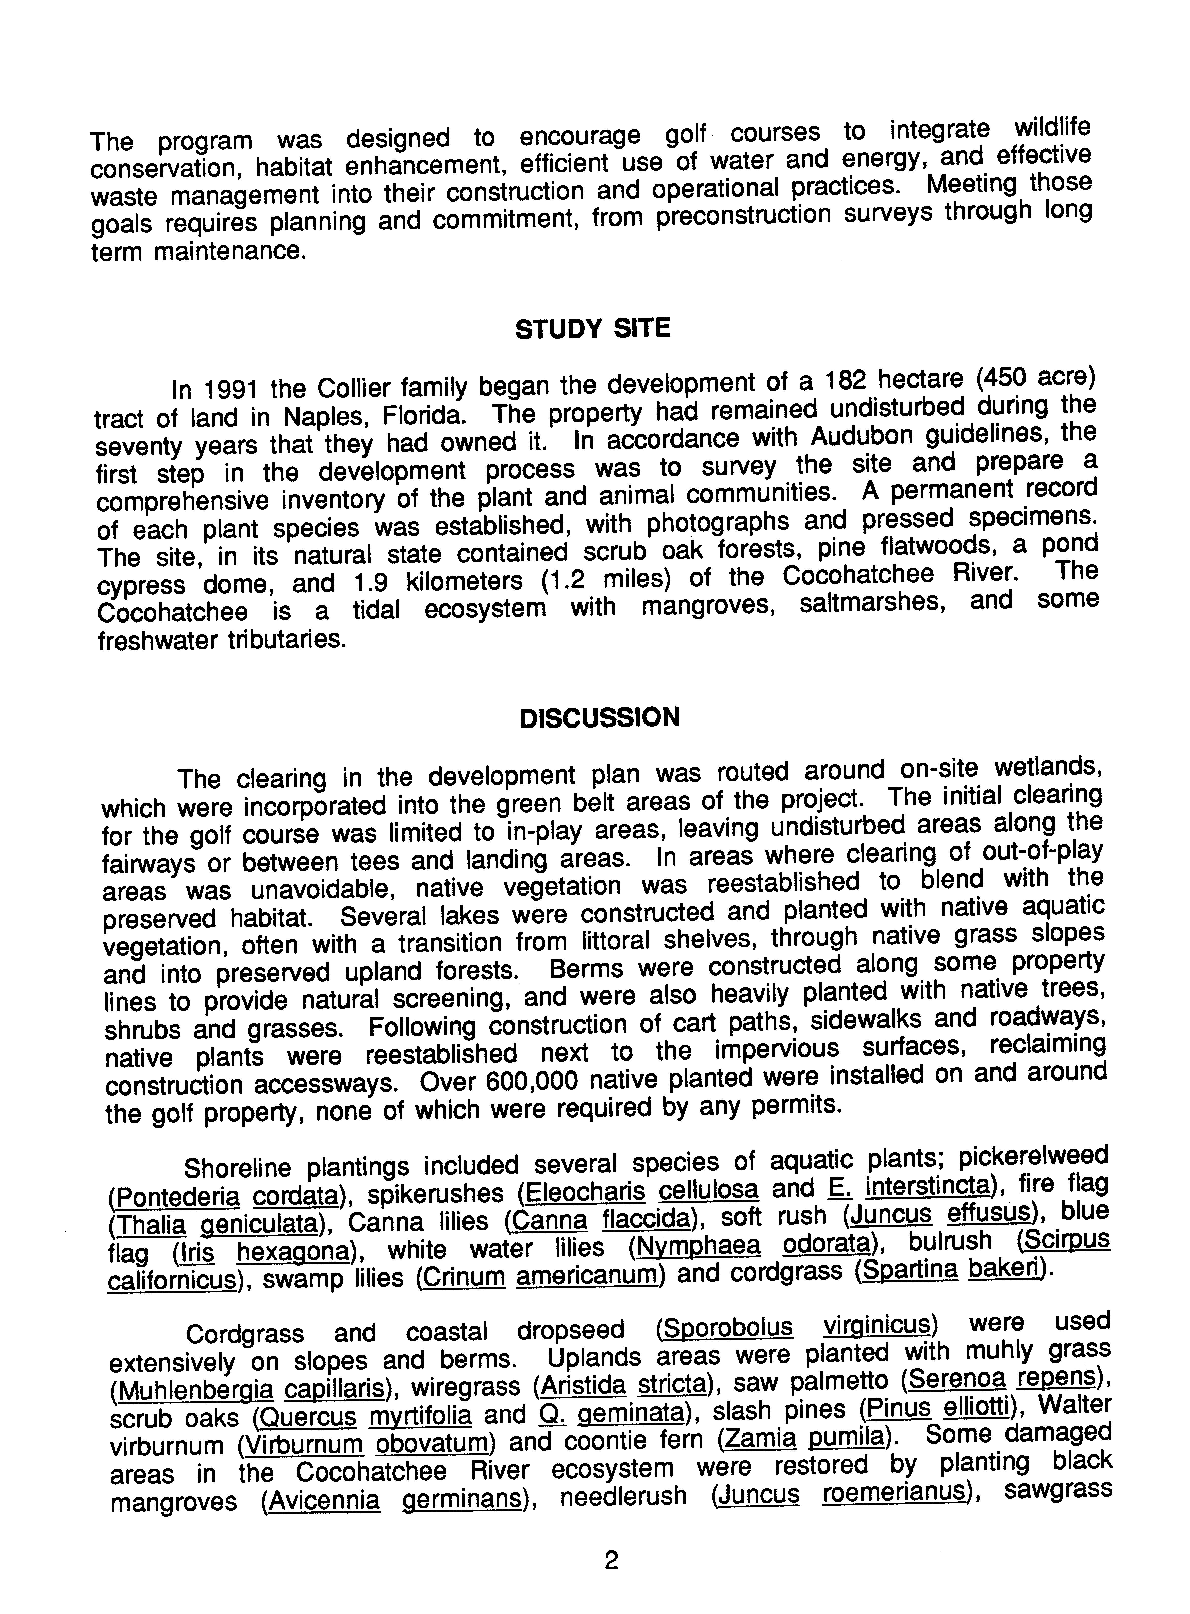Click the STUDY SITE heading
(x=592, y=329)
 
